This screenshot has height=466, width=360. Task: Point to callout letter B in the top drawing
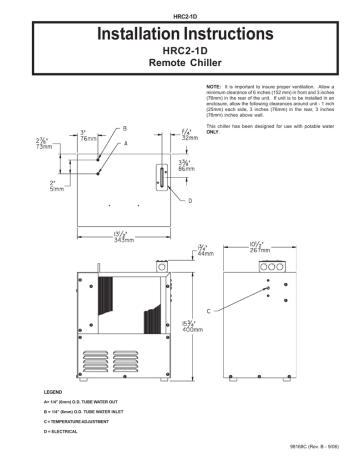tap(124, 129)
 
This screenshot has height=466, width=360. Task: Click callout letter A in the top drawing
tap(124, 143)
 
